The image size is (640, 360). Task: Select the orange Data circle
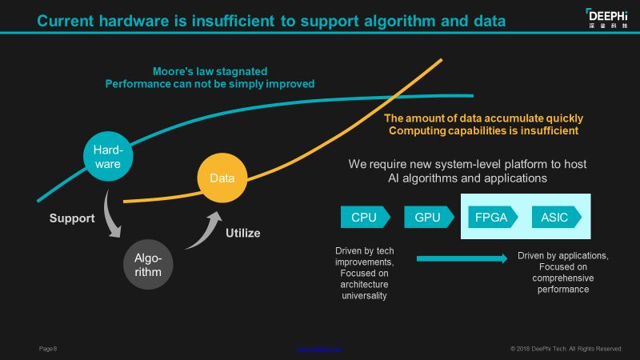point(222,178)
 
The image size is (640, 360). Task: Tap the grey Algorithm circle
point(149,265)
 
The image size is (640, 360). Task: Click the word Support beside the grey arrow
point(72,218)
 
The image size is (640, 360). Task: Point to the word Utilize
point(243,234)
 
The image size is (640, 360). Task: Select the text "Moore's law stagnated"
point(210,70)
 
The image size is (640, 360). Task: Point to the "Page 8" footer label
point(48,349)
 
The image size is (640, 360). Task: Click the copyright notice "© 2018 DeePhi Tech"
point(566,349)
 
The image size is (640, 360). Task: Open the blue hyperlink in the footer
point(320,349)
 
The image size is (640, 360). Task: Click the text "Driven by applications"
point(563,256)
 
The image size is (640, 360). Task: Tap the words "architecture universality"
point(365,290)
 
